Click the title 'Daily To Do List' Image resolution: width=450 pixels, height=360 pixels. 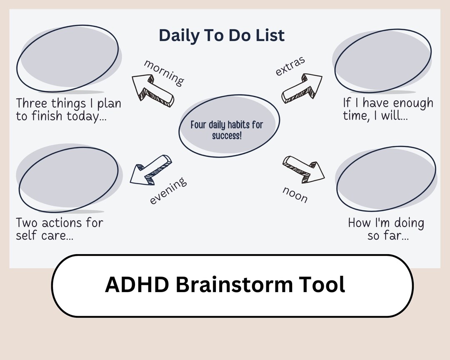(222, 35)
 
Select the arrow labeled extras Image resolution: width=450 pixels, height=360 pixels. (302, 87)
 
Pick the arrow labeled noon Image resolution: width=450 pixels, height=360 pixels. (304, 169)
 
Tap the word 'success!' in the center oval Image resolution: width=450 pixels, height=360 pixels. (227, 136)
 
